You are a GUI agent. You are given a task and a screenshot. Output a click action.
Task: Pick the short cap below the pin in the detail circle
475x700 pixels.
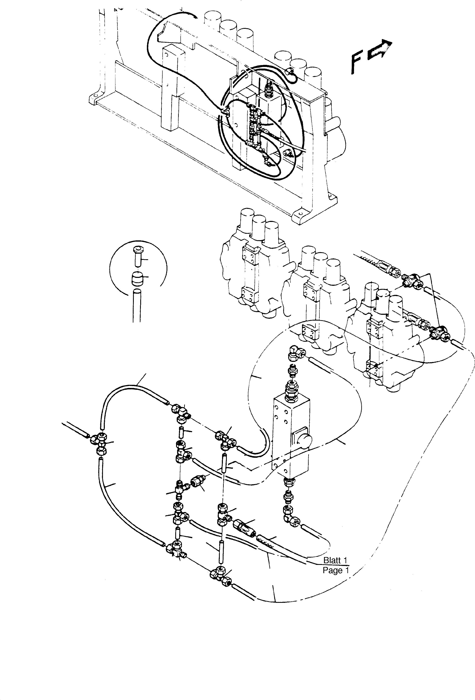point(137,279)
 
